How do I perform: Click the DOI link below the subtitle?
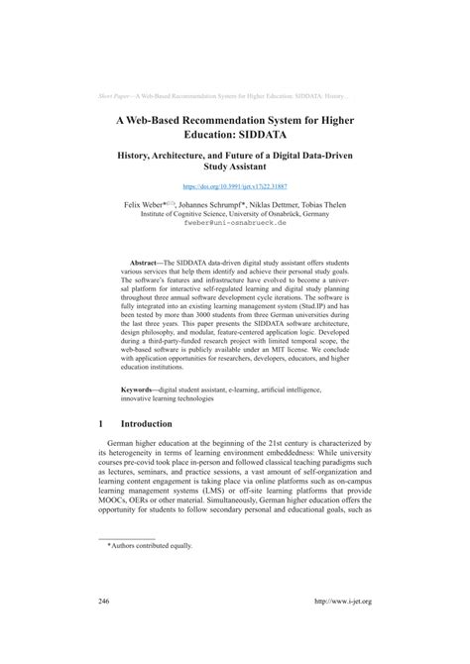(x=234, y=185)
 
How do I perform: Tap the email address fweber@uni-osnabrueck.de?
(x=234, y=223)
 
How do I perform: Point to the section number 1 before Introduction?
(x=103, y=422)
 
